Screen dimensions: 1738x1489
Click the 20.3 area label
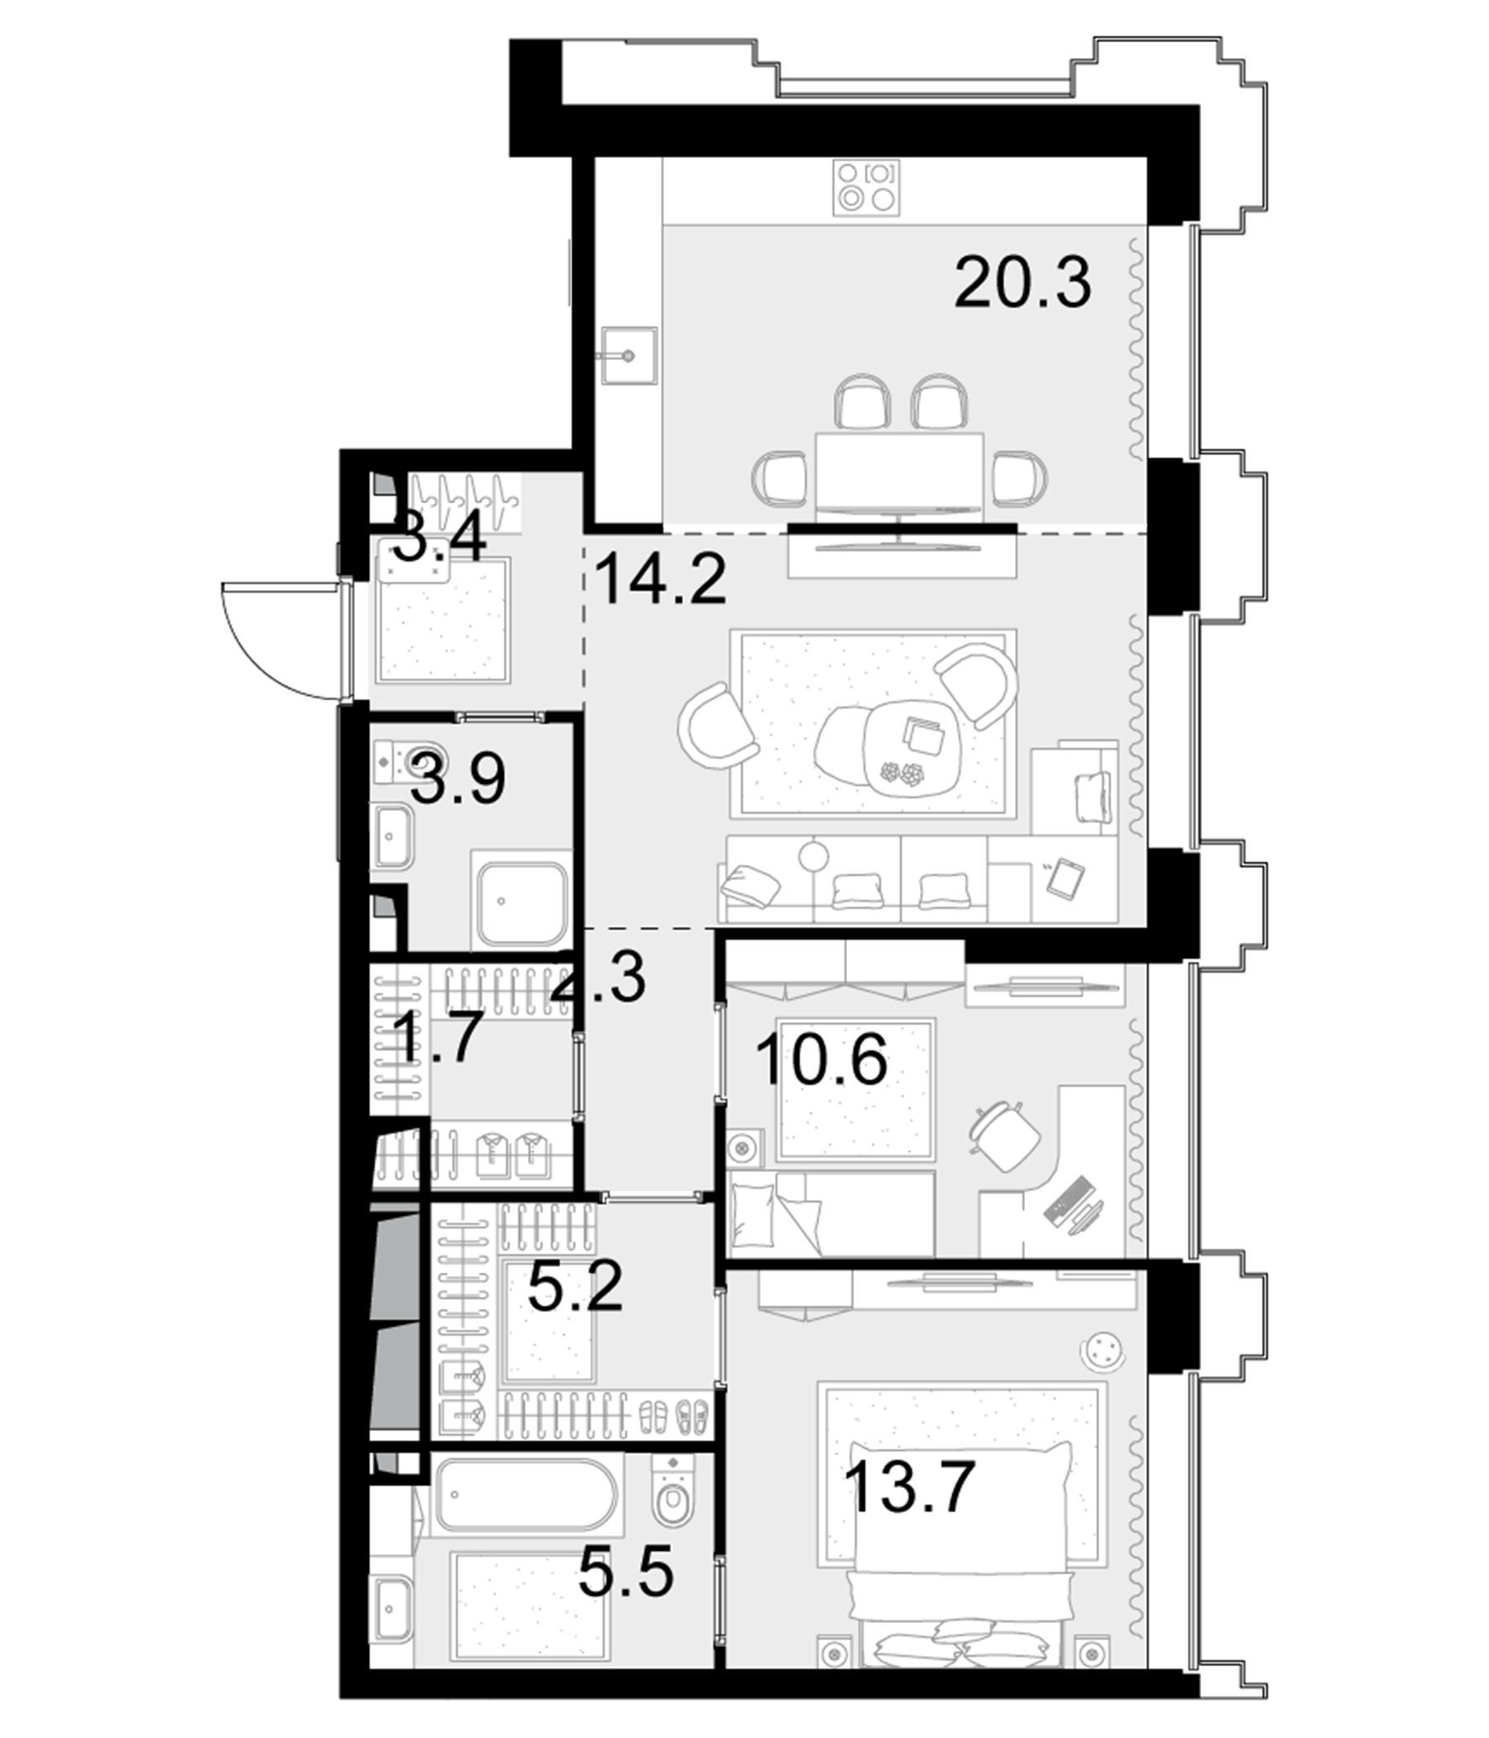click(x=1022, y=284)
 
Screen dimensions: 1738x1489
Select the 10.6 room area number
click(x=821, y=1060)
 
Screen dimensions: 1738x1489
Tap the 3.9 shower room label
click(x=458, y=780)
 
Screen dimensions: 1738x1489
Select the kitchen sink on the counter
click(x=628, y=356)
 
